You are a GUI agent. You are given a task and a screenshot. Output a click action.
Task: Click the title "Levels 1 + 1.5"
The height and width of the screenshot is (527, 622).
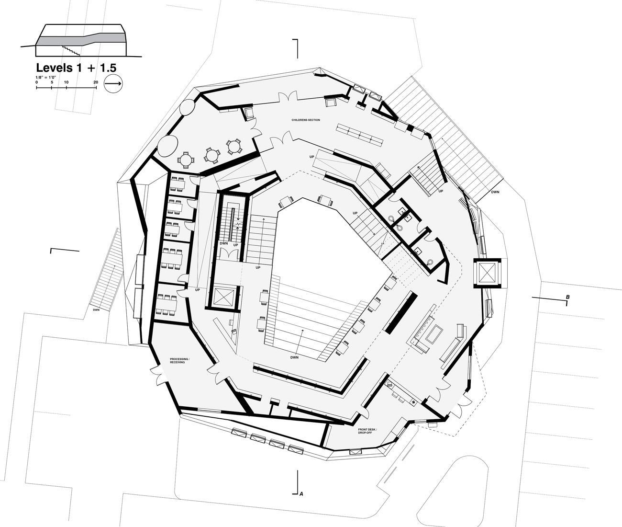pos(76,68)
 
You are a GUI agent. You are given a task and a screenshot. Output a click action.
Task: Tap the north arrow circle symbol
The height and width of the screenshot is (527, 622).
pos(113,84)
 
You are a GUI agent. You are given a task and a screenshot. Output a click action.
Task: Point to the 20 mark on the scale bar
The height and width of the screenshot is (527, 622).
pos(96,82)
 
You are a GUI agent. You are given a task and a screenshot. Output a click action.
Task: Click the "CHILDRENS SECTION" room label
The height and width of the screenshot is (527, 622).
pos(305,120)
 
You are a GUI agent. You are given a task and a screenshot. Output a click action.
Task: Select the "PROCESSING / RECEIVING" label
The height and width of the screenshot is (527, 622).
pos(179,361)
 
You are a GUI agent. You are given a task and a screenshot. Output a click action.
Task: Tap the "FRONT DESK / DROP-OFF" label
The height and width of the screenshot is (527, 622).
pos(367,431)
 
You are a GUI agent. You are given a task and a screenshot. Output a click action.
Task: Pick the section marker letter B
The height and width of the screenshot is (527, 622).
pos(568,297)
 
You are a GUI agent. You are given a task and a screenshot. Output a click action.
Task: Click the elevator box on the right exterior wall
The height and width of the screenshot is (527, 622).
pos(487,273)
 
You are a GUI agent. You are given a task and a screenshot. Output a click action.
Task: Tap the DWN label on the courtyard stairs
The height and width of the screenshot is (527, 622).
pos(294,357)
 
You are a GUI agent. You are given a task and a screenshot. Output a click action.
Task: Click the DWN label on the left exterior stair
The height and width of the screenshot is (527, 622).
pos(96,310)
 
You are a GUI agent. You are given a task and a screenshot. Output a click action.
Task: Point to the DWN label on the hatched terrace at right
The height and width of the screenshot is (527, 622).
pos(495,192)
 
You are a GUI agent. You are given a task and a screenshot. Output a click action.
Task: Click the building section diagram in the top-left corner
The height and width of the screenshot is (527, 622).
pos(81,40)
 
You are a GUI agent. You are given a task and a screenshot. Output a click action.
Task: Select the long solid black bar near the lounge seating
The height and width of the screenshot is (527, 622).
pos(401,312)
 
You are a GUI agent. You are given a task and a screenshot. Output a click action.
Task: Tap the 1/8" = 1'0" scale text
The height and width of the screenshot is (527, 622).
pos(45,78)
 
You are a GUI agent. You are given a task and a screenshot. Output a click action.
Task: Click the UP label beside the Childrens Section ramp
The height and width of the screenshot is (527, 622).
pos(312,157)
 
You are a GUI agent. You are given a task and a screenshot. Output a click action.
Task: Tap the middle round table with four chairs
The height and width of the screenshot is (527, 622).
pos(212,156)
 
